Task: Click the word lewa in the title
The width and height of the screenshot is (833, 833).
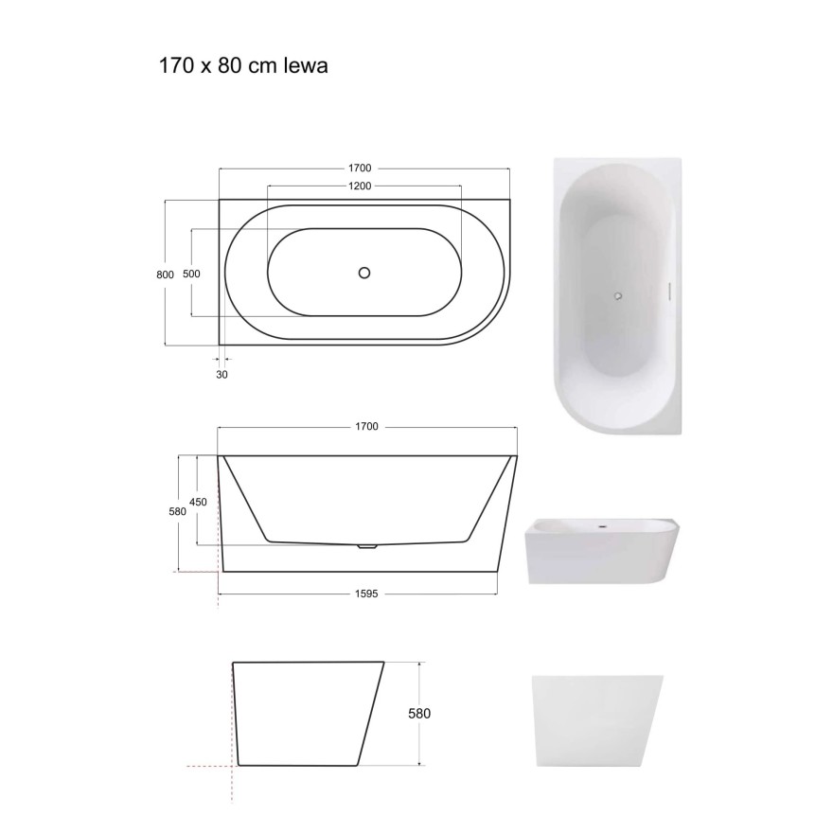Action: click(x=306, y=66)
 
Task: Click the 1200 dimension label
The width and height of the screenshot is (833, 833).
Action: click(x=360, y=186)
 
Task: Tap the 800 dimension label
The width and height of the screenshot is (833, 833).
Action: click(x=166, y=275)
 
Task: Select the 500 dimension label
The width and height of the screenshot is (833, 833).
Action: click(x=191, y=274)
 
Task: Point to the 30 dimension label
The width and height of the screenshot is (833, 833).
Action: click(x=222, y=375)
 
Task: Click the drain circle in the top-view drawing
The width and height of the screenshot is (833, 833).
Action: click(x=364, y=273)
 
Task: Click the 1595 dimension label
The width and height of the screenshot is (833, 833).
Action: click(x=366, y=594)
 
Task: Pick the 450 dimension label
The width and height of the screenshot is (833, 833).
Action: click(x=198, y=502)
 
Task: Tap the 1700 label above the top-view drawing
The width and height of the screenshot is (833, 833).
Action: click(x=360, y=168)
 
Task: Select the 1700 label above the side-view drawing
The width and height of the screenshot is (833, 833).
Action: click(x=366, y=427)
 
